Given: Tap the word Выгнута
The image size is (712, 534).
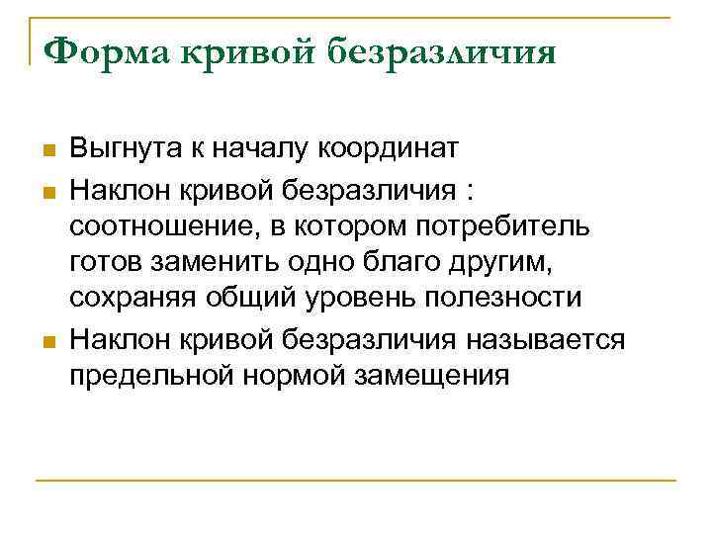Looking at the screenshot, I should (x=124, y=150).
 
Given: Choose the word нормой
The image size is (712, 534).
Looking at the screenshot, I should (x=301, y=376).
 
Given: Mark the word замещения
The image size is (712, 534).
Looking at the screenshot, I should (x=439, y=376).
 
